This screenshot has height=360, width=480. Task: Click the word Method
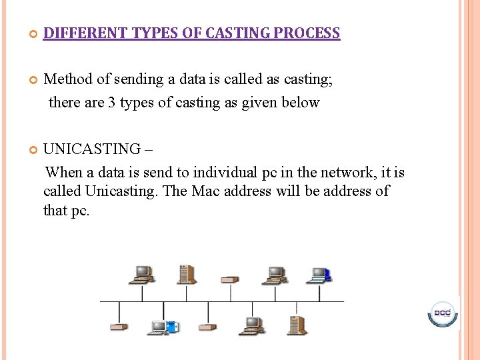pyautogui.click(x=68, y=79)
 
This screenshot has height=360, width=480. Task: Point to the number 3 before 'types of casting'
pyautogui.click(x=111, y=103)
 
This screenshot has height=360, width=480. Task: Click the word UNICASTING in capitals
pyautogui.click(x=92, y=149)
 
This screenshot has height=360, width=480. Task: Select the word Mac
pyautogui.click(x=206, y=191)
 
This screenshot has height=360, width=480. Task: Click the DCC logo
pyautogui.click(x=442, y=313)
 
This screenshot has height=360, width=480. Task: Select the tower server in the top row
pyautogui.click(x=186, y=274)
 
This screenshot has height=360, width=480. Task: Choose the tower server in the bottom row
pyautogui.click(x=296, y=324)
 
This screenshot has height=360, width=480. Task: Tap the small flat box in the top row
pyautogui.click(x=230, y=279)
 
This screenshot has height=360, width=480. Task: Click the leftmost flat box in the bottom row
pyautogui.click(x=119, y=327)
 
